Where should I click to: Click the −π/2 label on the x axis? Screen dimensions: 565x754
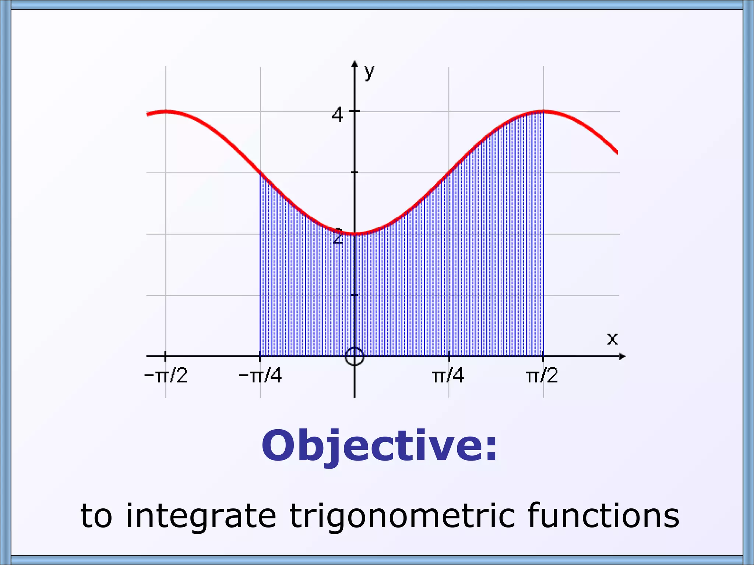pos(166,376)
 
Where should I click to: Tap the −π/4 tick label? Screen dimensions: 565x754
pos(260,376)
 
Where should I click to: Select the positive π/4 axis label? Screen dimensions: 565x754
pos(448,376)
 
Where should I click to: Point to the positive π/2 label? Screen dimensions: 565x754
pos(542,376)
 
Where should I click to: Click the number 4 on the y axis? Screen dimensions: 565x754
pos(337,115)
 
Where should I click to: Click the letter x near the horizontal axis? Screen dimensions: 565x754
pos(612,338)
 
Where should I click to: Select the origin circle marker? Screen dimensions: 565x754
pos(355,356)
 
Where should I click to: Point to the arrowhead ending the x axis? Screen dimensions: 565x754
pos(622,356)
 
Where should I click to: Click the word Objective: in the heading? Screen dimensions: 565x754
pos(379,446)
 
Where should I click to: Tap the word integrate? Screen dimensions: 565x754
pos(201,516)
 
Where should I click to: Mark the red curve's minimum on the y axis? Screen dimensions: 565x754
pos(355,234)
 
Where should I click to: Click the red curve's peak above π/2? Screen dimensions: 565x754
pos(543,111)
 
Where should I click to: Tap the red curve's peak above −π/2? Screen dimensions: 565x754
pos(166,111)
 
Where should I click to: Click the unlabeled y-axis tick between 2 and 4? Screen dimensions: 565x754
pos(355,173)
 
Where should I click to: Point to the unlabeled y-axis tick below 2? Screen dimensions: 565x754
pos(355,295)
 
